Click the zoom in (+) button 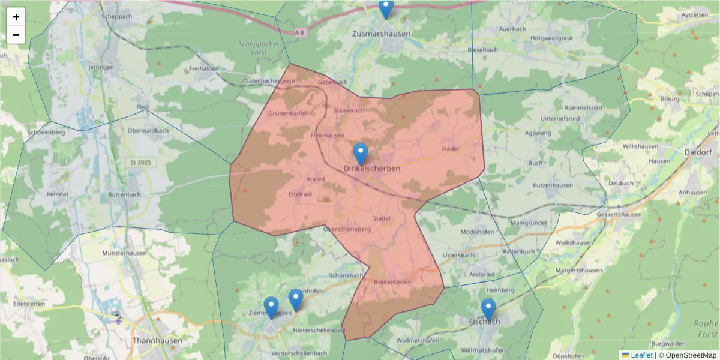(x=16, y=17)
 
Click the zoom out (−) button (x=16, y=35)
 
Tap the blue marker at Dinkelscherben (x=360, y=154)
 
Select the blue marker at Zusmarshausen (x=386, y=8)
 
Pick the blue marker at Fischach (x=488, y=309)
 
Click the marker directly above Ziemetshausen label (x=271, y=307)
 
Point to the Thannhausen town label (x=157, y=340)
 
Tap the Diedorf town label (x=698, y=152)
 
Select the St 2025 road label (x=142, y=163)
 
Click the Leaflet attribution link (x=641, y=355)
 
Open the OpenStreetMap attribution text (x=691, y=355)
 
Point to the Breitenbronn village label (x=392, y=281)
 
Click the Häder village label (x=450, y=148)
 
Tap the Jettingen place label (x=101, y=67)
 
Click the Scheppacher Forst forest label (x=256, y=47)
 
